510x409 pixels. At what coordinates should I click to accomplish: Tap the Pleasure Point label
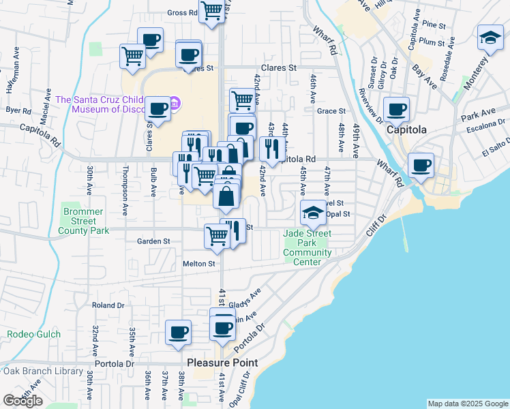tap(222, 363)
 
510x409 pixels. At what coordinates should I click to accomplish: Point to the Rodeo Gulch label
tap(34, 334)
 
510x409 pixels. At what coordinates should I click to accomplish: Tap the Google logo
tap(22, 400)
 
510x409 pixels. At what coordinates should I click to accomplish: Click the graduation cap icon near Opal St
tap(313, 212)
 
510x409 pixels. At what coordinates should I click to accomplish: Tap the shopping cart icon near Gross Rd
tap(212, 11)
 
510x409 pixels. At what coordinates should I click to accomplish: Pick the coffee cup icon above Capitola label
tap(397, 109)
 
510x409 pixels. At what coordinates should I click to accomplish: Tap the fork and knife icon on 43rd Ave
tap(272, 149)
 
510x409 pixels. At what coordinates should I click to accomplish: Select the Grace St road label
tap(332, 110)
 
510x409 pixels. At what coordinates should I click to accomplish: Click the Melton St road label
tap(198, 263)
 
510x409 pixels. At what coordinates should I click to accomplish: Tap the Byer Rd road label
tap(18, 110)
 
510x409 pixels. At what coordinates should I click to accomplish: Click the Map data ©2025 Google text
tap(467, 404)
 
